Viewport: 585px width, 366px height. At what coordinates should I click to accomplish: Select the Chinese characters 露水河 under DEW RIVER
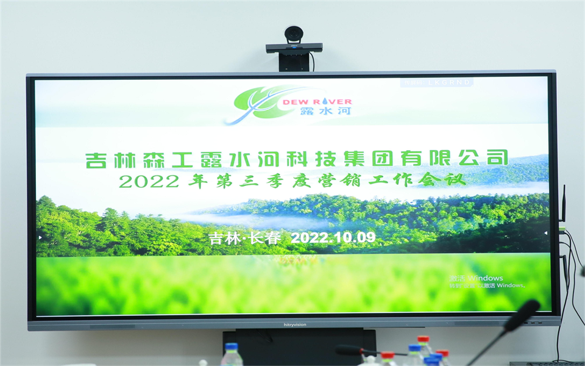click(326, 112)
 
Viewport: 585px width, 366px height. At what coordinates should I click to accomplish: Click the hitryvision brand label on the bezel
click(294, 324)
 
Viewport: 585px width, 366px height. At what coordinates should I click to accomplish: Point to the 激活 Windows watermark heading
click(477, 278)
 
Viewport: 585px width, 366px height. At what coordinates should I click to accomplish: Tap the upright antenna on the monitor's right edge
click(564, 204)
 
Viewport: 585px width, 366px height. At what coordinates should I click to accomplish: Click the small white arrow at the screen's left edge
click(41, 237)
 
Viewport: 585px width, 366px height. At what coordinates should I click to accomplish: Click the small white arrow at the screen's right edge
click(545, 232)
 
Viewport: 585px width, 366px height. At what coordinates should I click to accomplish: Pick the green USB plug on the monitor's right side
click(564, 229)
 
